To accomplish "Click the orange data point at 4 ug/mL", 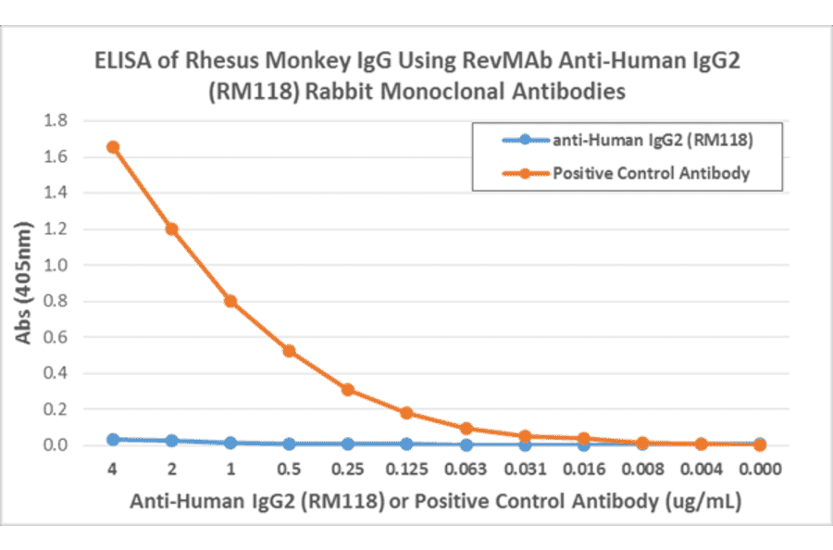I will point(112,147).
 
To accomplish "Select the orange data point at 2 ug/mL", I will point(171,229).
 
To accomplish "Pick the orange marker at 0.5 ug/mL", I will point(289,351).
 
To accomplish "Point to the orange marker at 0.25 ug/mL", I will point(348,390).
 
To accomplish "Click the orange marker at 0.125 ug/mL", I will point(406,413).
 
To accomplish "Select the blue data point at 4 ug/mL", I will point(112,440).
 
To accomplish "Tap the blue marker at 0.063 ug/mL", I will point(466,445).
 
